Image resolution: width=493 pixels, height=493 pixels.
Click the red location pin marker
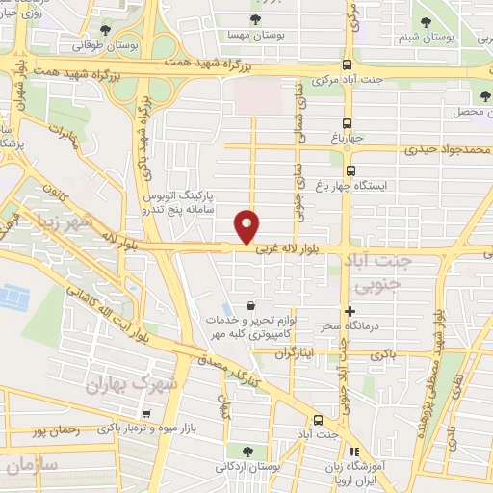pos(248,226)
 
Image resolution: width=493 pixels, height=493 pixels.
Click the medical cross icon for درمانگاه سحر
pos(350,310)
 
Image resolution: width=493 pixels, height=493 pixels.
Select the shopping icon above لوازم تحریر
pos(251,305)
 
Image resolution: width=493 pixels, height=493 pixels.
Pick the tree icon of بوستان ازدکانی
pos(249,449)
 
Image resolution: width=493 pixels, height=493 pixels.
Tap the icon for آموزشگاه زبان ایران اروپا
pos(353,453)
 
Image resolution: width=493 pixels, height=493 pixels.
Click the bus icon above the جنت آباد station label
pos(318,421)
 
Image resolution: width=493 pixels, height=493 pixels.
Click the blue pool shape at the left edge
pos(13,297)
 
